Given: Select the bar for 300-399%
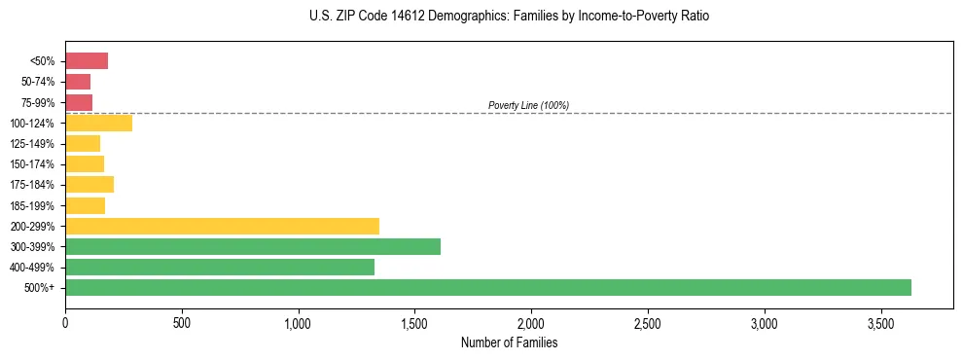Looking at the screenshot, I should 253,246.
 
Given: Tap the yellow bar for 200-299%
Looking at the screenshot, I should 222,226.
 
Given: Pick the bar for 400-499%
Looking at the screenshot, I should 220,267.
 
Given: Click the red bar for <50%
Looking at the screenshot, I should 87,61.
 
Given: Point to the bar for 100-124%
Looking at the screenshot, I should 98,124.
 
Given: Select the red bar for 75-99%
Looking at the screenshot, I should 79,102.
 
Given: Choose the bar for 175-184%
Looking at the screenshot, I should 89,185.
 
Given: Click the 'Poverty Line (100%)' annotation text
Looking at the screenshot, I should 528,105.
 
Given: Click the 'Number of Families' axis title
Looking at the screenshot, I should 509,342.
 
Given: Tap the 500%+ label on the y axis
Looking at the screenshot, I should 42,288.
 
